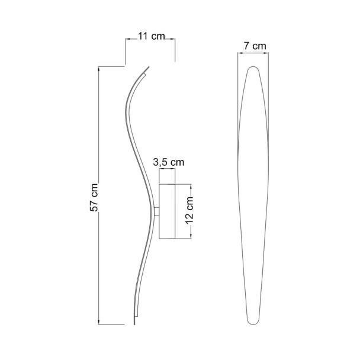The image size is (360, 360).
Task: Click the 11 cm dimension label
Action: point(152,36)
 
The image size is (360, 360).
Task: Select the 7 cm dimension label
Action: point(255,46)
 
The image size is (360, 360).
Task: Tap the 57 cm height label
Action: point(94,197)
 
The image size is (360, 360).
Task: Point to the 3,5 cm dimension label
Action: point(169,162)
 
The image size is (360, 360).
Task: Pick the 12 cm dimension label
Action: point(189,210)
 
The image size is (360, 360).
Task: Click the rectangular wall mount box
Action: point(167,211)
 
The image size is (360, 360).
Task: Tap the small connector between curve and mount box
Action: point(157,211)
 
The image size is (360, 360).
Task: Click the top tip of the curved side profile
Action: point(149,67)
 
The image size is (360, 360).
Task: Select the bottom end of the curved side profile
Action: point(134,324)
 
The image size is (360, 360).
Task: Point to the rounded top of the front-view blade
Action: point(253,67)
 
